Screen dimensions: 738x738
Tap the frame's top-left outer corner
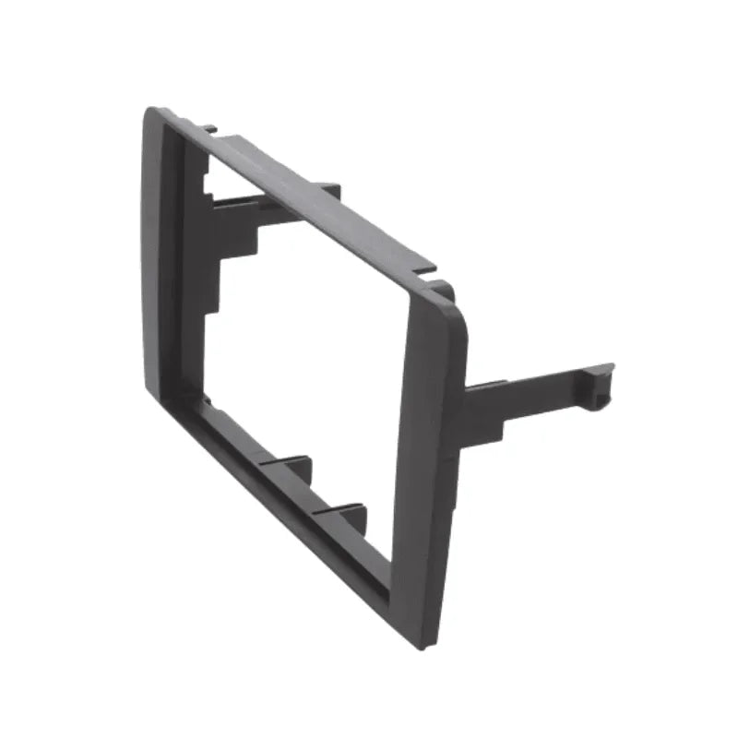tap(150, 113)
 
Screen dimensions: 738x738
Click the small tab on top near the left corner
tap(211, 128)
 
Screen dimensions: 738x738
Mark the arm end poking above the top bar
tap(329, 190)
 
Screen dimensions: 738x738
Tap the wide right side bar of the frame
tap(429, 461)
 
